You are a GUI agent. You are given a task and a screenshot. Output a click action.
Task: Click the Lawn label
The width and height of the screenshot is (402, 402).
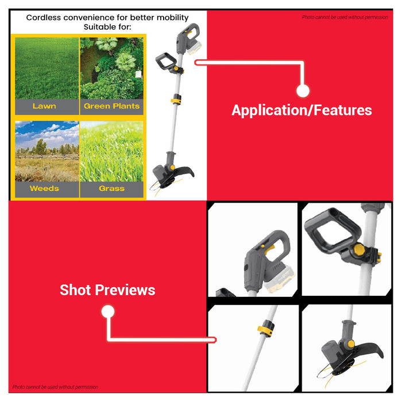click(44, 106)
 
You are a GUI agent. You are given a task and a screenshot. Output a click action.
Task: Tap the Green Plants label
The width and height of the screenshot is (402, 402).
click(111, 106)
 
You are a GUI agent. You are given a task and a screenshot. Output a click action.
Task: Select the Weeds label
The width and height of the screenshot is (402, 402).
click(44, 188)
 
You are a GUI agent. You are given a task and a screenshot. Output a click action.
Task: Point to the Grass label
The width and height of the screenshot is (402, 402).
click(111, 188)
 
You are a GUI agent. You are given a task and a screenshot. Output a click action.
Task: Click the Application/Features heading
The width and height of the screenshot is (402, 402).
click(301, 110)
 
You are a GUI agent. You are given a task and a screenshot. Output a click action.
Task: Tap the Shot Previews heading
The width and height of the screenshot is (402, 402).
click(107, 290)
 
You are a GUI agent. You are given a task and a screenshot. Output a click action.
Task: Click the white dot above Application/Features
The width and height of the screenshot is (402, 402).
click(303, 91)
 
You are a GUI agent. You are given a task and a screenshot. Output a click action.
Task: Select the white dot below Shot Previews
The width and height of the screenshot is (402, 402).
click(108, 311)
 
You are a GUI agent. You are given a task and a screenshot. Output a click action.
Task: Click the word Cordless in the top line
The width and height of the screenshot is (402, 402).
click(44, 17)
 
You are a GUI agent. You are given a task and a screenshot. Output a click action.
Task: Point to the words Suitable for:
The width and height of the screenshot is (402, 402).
click(107, 27)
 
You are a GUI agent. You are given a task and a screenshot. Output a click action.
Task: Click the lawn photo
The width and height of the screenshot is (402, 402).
click(47, 68)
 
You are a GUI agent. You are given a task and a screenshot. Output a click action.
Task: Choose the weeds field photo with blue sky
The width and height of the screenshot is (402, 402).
click(47, 151)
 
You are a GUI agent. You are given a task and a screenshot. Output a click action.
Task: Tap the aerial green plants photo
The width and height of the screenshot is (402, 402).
click(111, 68)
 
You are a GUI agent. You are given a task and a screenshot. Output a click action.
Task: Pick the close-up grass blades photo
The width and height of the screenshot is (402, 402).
click(111, 151)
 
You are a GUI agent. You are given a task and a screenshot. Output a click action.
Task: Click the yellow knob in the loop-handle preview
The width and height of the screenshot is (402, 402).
click(359, 249)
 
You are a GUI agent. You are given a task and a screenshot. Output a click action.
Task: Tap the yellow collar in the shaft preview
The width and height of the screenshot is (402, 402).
click(265, 328)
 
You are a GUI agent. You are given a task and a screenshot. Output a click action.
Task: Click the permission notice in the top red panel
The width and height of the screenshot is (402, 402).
click(345, 17)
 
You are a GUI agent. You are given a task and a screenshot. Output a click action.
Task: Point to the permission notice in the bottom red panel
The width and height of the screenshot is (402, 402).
click(55, 387)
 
